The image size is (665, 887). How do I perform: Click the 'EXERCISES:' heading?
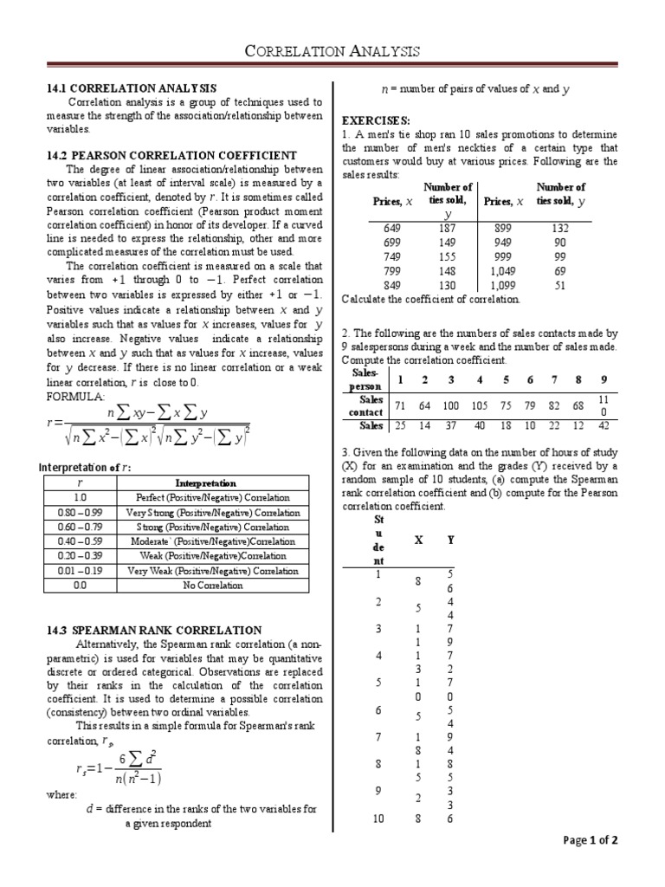(x=377, y=119)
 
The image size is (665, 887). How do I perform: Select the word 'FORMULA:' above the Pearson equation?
(x=74, y=396)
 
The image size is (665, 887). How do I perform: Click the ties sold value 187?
(x=448, y=228)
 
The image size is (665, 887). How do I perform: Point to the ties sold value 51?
(x=560, y=285)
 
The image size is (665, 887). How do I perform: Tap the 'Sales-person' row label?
(x=365, y=378)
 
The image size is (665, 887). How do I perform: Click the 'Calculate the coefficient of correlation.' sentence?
(x=431, y=300)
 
